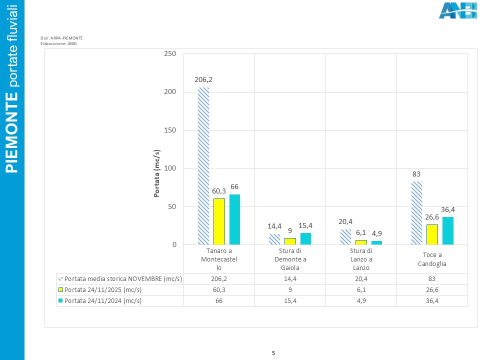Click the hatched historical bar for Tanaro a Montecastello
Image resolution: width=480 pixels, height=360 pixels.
click(x=203, y=166)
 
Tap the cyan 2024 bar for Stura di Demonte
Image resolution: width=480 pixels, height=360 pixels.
click(x=305, y=239)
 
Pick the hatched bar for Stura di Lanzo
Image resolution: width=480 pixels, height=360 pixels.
click(x=345, y=237)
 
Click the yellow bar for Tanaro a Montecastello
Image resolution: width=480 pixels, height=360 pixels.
click(x=219, y=221)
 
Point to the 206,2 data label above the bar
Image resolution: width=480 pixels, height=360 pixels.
click(x=203, y=79)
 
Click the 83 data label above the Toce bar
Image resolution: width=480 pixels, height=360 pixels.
click(x=416, y=174)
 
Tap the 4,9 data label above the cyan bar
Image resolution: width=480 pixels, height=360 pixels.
click(x=377, y=233)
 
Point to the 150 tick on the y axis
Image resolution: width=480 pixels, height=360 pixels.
click(x=170, y=130)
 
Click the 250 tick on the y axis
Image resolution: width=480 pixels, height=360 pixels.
click(x=170, y=53)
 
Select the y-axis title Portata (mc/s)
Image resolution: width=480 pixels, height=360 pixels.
click(x=156, y=173)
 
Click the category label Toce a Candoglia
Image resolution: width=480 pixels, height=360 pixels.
click(x=432, y=259)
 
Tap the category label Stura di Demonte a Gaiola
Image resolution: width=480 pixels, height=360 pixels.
click(x=290, y=259)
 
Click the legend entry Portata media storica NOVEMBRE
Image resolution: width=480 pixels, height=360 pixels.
click(x=123, y=279)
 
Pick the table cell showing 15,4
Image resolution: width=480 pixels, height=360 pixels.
click(x=290, y=300)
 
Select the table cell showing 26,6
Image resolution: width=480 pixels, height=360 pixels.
click(x=432, y=289)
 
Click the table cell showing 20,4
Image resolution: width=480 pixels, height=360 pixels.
click(x=361, y=279)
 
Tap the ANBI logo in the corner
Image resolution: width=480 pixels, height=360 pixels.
click(x=457, y=10)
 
